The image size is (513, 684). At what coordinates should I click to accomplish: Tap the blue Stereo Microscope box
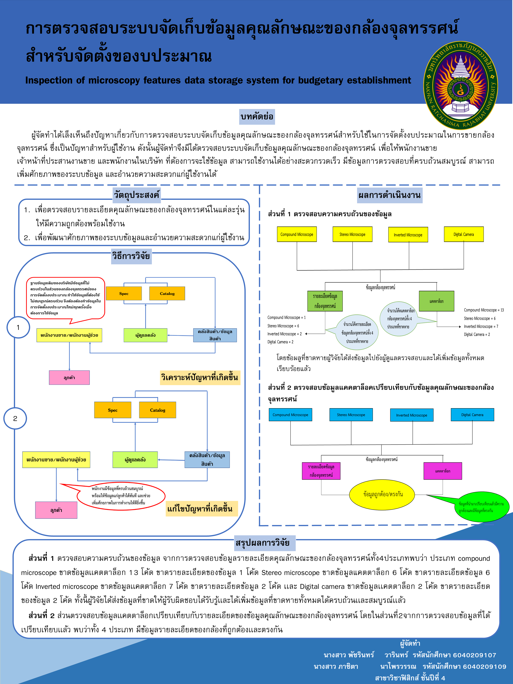(351, 415)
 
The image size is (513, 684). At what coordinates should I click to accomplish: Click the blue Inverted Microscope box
(412, 415)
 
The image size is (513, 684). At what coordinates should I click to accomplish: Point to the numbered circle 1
(18, 327)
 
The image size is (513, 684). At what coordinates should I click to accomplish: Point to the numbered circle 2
(15, 418)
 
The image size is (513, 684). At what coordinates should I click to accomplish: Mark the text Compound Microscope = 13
(484, 310)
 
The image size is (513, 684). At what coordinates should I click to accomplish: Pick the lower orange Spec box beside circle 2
(112, 410)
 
